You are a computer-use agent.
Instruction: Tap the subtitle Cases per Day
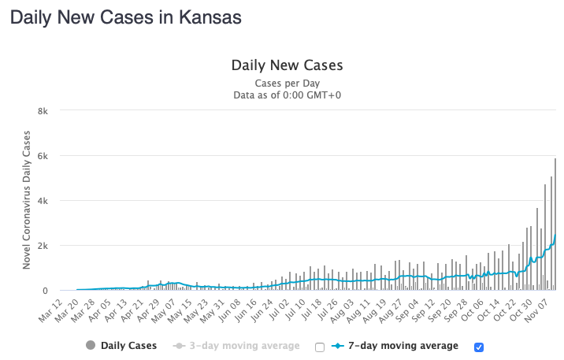pos(287,83)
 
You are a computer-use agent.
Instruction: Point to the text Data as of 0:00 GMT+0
pos(287,95)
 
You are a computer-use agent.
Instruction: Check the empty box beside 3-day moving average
pos(320,347)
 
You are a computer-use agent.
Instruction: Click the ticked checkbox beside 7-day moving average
pos(478,347)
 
